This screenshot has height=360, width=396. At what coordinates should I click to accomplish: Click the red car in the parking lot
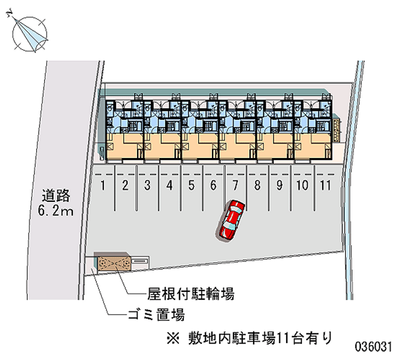point(231,220)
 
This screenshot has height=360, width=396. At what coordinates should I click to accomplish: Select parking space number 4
point(169,186)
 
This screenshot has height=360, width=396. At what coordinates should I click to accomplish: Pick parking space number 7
point(236,186)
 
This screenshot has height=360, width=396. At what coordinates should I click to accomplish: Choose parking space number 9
point(279,186)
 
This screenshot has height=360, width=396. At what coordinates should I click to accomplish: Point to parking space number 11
point(325,186)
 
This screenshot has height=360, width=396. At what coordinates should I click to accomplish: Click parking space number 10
point(302,186)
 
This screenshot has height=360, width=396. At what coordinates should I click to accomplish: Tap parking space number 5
point(192,186)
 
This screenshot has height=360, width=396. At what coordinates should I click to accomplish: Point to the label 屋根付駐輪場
point(191,294)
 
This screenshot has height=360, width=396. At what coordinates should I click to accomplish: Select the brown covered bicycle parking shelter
point(114,264)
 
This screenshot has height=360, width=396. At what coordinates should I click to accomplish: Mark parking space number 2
point(126,186)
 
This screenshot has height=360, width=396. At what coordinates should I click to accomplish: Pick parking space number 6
point(213,186)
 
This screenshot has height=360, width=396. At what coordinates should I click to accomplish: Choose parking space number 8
point(257,186)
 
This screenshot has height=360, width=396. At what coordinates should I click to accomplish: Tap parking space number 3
point(148,186)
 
